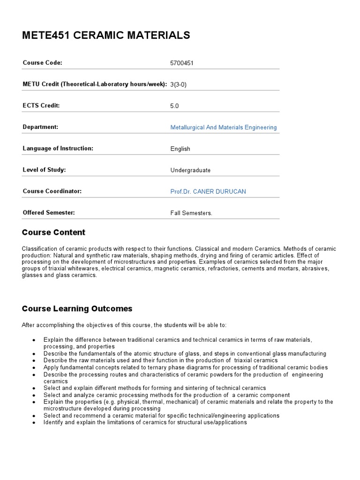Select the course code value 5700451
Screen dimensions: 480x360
[182, 63]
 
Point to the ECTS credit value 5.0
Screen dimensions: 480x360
[175, 106]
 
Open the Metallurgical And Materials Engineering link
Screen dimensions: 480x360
[224, 127]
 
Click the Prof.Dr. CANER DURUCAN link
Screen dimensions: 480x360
[208, 192]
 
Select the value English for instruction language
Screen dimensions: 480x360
[180, 149]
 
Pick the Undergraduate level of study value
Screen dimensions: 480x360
[191, 171]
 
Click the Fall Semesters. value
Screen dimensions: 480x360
[192, 213]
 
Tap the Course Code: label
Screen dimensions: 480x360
[43, 63]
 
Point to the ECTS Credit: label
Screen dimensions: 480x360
[41, 105]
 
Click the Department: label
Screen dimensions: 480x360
[40, 127]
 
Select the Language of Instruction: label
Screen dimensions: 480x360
[58, 149]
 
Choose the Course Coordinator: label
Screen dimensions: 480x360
[52, 191]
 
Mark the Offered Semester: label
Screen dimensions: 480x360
[49, 213]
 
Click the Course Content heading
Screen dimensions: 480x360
[54, 232]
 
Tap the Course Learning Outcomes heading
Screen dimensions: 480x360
[77, 309]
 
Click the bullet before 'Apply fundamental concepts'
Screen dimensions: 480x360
[34, 368]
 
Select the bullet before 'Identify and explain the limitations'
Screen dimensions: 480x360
[34, 423]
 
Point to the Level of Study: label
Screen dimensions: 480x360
[44, 170]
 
